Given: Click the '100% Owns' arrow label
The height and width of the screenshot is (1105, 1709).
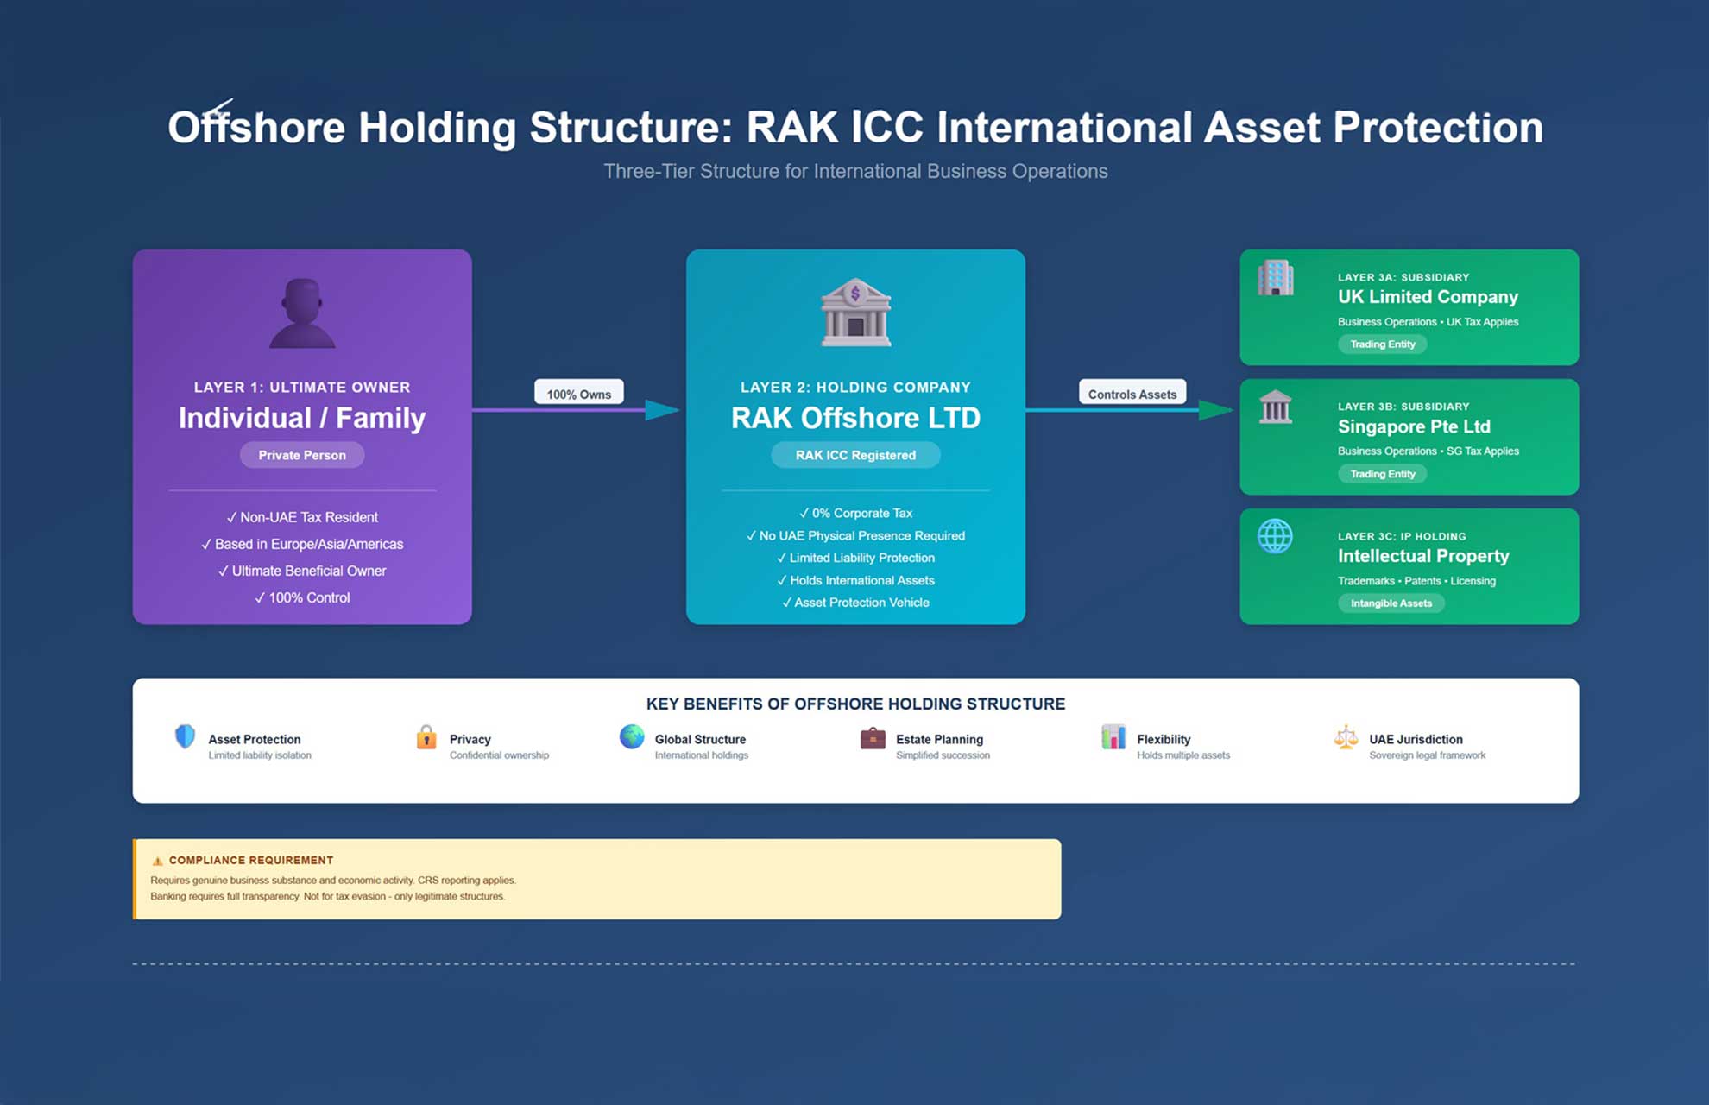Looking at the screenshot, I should [578, 394].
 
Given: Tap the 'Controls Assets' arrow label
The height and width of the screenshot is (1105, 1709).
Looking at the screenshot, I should [1132, 394].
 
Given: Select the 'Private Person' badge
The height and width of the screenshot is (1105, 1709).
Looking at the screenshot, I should [302, 455].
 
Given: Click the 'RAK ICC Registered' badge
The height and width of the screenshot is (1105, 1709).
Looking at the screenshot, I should [855, 455].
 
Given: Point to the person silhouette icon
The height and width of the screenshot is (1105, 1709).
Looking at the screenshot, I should [302, 313].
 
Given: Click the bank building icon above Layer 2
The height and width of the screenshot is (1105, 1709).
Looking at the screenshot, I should [855, 313].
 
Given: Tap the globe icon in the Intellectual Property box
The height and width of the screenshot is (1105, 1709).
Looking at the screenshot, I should [1275, 536].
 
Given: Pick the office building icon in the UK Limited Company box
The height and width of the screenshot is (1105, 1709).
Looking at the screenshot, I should [1275, 278].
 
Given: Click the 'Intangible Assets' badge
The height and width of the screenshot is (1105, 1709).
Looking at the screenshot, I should [1391, 603].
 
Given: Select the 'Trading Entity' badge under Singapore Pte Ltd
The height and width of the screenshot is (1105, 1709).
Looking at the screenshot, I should [1382, 474].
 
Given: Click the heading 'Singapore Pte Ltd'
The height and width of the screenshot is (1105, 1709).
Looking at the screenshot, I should [1414, 426].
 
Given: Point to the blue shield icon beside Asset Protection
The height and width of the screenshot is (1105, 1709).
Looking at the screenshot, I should [185, 736].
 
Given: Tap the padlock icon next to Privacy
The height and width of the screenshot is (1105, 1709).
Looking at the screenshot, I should [426, 737].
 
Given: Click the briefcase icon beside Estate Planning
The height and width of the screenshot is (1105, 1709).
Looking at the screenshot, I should [873, 738].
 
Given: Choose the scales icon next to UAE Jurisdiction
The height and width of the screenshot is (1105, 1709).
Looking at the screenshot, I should [1346, 737].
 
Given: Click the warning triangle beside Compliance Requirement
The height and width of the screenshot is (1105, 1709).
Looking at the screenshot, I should [157, 861].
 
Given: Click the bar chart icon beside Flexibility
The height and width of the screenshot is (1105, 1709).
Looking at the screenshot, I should [1113, 737].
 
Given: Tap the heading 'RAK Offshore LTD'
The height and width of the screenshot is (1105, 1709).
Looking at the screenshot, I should [855, 418].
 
